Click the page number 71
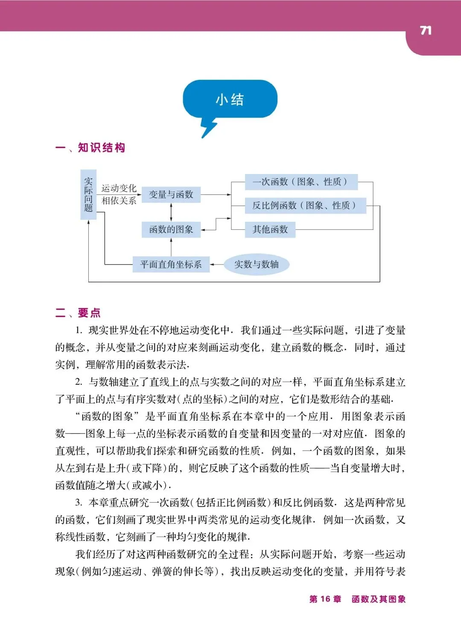point(426,30)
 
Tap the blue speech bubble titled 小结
point(230,99)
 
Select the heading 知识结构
point(101,148)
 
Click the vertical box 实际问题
point(88,195)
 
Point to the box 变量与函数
point(171,194)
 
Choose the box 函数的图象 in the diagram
point(171,229)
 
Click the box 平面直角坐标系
point(171,264)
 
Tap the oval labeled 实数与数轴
point(256,264)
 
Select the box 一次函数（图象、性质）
point(301,182)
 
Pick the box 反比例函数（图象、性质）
point(305,206)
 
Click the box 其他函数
point(270,229)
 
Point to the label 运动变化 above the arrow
point(119,188)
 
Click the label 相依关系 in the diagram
point(119,200)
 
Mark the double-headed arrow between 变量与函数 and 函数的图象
point(171,212)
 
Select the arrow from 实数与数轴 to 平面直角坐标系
point(217,264)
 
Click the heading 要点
point(89,313)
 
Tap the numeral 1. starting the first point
point(79,330)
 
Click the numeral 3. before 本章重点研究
point(79,502)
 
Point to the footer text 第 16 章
point(325,599)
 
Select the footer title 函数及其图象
point(379,599)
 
